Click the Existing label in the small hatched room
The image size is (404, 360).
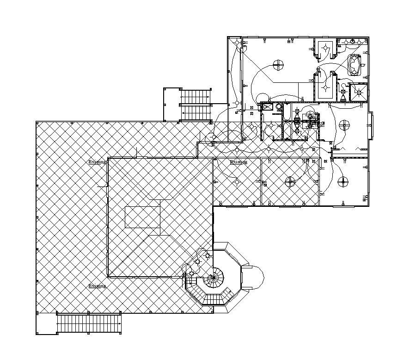[239, 162]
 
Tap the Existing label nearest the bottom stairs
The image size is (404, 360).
[97, 286]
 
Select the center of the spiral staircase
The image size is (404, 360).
[213, 279]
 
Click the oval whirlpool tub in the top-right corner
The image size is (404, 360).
[355, 64]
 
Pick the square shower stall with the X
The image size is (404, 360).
[359, 92]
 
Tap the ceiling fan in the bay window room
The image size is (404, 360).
[344, 124]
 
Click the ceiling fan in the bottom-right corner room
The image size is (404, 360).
[343, 180]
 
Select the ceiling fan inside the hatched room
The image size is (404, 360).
[290, 181]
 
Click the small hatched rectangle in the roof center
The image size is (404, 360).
[142, 217]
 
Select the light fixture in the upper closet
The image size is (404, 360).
[325, 48]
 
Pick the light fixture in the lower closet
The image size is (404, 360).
[325, 87]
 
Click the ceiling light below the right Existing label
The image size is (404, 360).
[237, 182]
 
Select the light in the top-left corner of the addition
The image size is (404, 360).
[238, 43]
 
